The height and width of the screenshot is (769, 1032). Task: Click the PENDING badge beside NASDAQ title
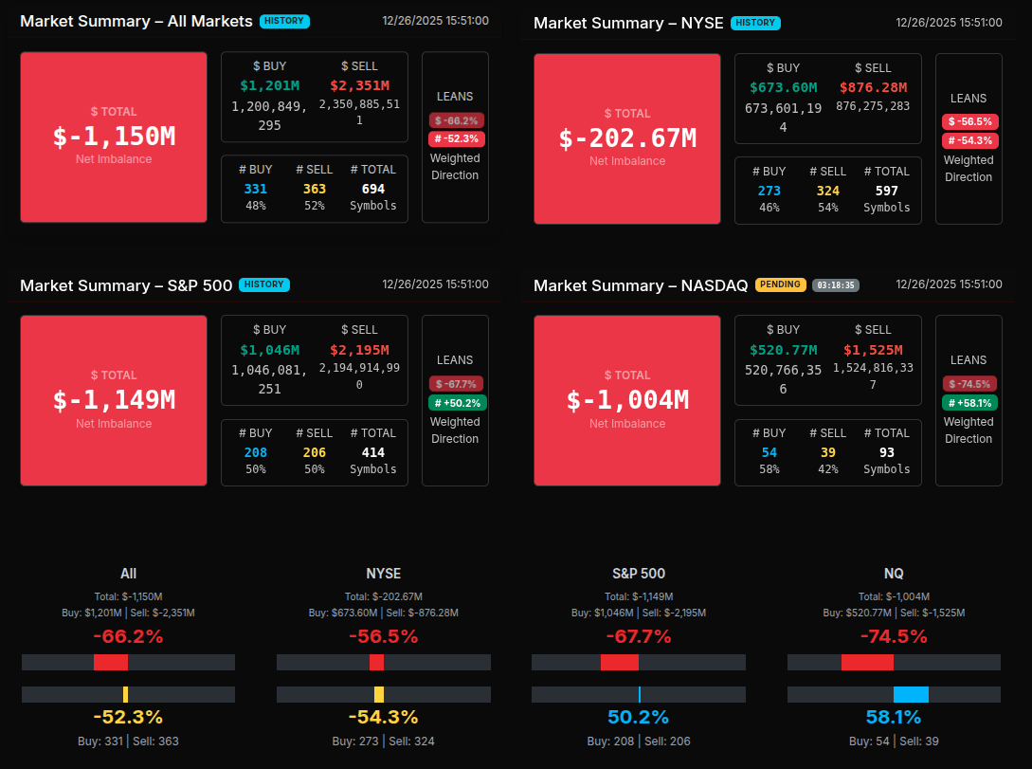pos(780,284)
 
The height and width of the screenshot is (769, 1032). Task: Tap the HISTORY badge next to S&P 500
pos(264,284)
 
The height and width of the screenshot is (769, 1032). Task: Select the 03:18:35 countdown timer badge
pos(836,284)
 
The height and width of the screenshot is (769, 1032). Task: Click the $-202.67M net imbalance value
pos(627,138)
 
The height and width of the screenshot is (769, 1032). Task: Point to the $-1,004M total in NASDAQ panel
pos(627,400)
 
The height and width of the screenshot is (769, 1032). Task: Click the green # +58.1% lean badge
pos(969,403)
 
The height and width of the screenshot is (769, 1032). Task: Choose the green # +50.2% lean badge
pos(457,403)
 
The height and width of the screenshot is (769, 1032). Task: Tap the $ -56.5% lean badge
pos(969,121)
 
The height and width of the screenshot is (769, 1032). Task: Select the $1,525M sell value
pos(873,350)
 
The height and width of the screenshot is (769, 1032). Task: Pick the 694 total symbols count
pos(373,189)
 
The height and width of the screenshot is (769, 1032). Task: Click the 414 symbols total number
pos(373,452)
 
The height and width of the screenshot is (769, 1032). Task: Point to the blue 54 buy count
pos(769,452)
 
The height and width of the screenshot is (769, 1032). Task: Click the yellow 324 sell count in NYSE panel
pos(828,191)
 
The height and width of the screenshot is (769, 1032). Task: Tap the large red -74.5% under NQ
pos(894,636)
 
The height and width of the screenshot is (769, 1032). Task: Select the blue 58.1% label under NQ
pos(894,717)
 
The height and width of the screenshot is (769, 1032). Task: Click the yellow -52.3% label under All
pos(128,717)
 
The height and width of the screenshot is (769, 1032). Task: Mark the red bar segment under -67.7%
pos(620,662)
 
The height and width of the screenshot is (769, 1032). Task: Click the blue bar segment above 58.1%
pos(911,694)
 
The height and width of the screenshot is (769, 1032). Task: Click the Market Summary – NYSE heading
pos(627,23)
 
